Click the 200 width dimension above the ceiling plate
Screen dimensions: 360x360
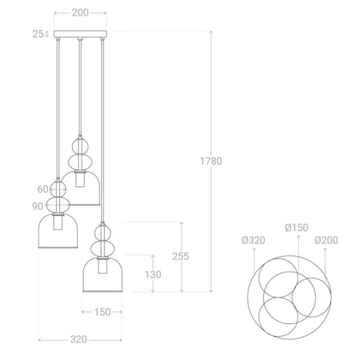click(80, 13)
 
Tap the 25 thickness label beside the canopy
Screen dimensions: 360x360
click(38, 34)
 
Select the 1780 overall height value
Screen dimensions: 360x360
click(211, 161)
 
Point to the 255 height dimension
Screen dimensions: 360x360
click(179, 256)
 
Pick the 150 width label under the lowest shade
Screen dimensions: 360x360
click(102, 312)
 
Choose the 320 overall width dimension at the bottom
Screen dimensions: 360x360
click(77, 340)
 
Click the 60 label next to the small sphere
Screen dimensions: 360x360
click(43, 189)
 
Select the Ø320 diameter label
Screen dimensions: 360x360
click(253, 241)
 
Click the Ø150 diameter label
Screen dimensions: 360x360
click(296, 227)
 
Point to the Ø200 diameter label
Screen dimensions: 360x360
click(326, 241)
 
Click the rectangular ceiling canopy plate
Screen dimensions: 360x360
click(80, 34)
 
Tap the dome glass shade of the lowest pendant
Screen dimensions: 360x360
click(103, 277)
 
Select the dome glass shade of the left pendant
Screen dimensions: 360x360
click(58, 232)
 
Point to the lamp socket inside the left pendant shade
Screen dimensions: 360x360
click(58, 221)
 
